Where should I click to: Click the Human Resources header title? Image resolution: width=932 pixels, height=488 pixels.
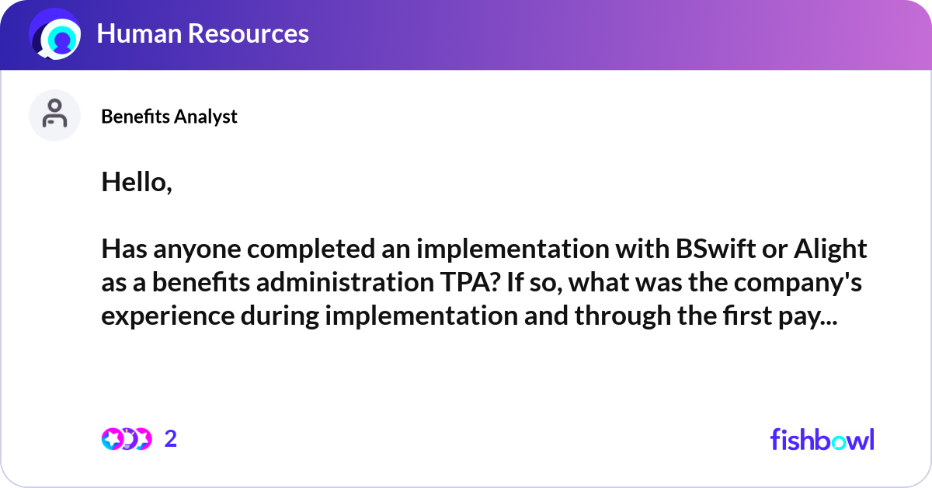(x=202, y=33)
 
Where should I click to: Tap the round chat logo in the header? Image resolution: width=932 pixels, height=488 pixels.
(x=55, y=35)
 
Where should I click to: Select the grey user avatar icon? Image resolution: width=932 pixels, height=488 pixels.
(x=54, y=115)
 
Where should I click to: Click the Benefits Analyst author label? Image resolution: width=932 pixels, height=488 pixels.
(x=169, y=117)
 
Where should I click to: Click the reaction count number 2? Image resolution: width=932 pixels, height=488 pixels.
(x=171, y=439)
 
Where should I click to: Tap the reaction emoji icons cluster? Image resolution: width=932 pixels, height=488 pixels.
(x=126, y=439)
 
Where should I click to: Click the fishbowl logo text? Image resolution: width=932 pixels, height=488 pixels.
(x=822, y=439)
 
